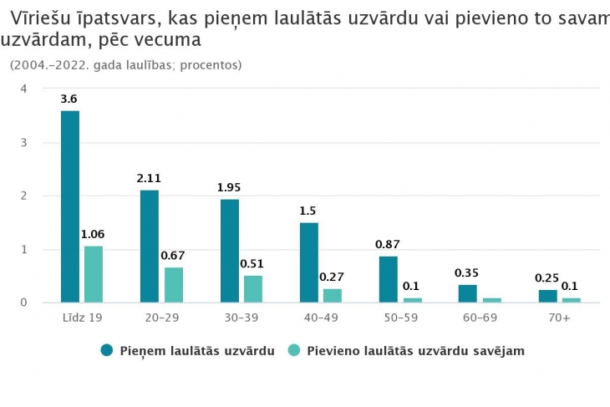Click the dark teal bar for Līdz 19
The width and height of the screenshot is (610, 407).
(x=70, y=206)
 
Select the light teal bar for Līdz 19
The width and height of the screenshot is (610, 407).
(x=93, y=274)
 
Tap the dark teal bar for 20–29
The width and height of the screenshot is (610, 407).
(x=150, y=247)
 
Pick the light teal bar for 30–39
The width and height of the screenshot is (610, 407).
(x=252, y=289)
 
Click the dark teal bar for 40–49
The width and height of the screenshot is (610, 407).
(x=309, y=262)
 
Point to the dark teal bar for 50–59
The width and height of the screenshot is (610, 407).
(x=389, y=279)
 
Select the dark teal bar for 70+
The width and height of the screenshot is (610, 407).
(x=547, y=296)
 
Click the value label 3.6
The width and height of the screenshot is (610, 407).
(x=69, y=99)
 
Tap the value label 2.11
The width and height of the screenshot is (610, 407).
(x=150, y=178)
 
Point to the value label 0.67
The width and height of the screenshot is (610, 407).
(x=173, y=255)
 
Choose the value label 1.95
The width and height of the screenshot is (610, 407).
(x=229, y=186)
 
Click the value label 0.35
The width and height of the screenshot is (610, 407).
(x=467, y=272)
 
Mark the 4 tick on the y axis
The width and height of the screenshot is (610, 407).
(x=24, y=89)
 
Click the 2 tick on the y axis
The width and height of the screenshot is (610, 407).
(x=24, y=196)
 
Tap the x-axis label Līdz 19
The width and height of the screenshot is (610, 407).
(x=81, y=318)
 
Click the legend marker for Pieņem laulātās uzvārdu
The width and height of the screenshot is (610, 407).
(x=107, y=351)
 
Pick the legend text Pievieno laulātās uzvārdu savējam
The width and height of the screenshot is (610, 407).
(x=415, y=351)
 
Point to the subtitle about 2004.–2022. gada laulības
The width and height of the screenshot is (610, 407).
(x=125, y=64)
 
